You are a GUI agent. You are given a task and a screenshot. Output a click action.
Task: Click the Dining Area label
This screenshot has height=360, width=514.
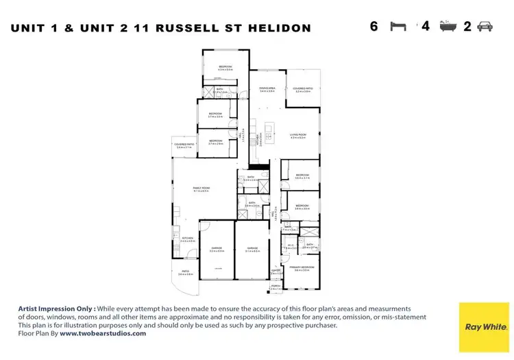coord(267,90)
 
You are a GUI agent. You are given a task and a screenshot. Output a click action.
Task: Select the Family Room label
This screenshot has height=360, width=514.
coord(201,189)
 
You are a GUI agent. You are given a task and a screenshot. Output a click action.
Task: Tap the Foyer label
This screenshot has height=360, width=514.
coord(276,272)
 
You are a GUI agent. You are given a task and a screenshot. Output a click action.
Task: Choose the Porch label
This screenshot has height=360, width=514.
coord(276,288)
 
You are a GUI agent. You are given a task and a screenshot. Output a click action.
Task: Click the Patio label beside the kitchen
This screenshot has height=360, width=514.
coord(185,273)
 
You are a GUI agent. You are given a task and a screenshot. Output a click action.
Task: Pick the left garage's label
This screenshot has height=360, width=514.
coord(217,250)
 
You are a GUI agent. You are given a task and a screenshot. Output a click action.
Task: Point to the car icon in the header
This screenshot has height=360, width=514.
coord(485,27)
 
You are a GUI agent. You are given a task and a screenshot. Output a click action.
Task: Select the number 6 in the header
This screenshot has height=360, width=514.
coord(374,27)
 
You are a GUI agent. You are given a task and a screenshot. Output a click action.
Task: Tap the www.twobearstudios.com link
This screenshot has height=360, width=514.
coord(103,333)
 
